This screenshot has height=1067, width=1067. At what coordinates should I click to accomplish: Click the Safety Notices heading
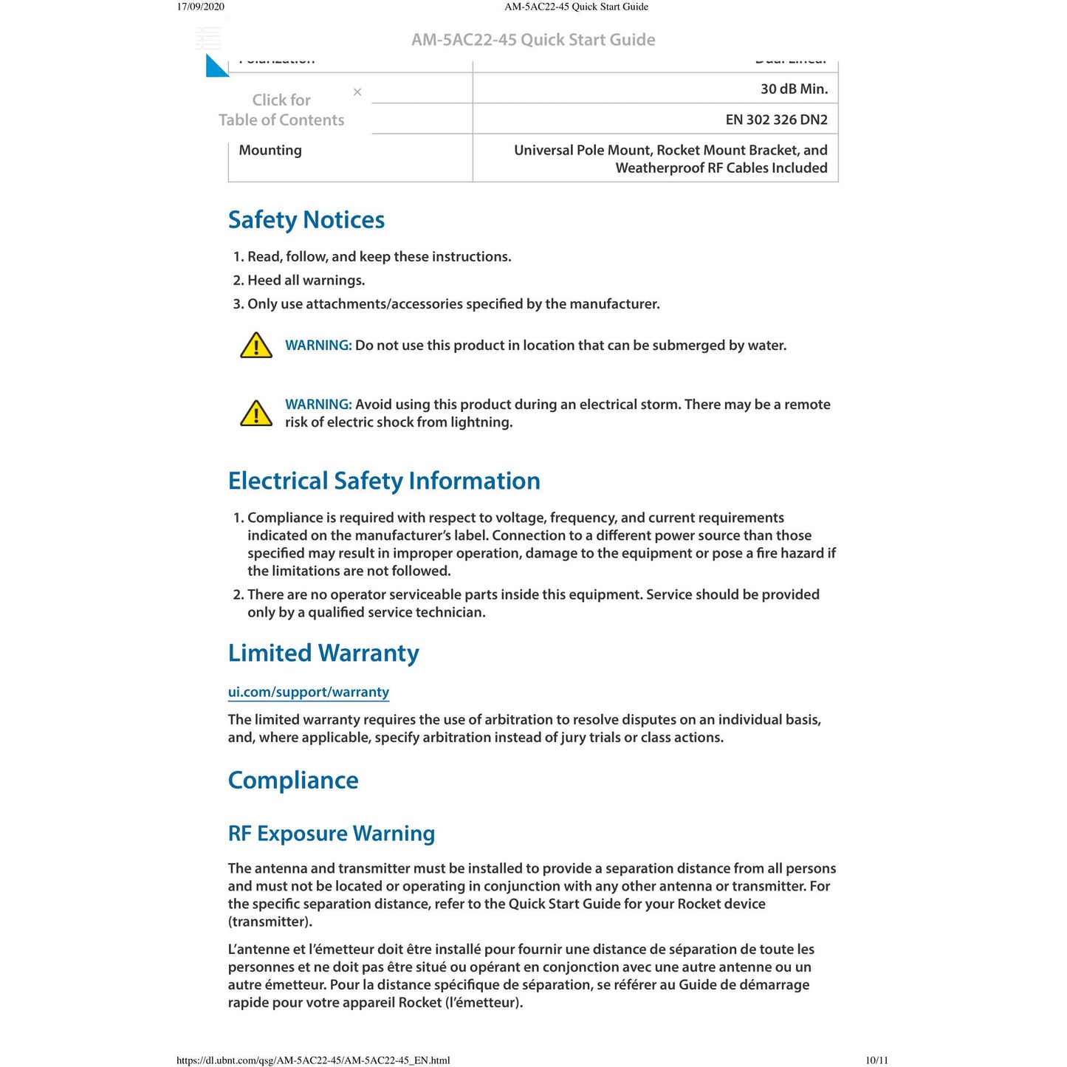306,220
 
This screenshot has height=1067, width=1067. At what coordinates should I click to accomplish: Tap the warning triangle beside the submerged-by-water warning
256,346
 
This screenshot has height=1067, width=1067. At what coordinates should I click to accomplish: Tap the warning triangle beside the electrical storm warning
256,414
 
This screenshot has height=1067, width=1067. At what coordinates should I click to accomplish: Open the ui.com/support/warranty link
308,692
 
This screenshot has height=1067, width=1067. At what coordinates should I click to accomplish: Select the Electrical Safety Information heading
383,481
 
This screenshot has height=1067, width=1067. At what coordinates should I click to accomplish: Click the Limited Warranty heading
323,653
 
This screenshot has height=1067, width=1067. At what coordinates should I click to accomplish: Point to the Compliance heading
292,780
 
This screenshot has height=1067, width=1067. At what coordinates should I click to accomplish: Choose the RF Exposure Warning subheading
331,834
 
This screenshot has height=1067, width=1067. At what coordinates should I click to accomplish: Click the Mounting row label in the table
270,151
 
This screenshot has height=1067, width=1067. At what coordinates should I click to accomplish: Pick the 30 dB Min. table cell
794,89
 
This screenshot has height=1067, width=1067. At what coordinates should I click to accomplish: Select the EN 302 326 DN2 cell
776,120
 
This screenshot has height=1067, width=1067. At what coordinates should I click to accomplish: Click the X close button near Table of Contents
357,92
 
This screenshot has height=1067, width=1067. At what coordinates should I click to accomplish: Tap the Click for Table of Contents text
281,110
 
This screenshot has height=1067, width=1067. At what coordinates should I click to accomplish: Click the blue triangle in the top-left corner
216,66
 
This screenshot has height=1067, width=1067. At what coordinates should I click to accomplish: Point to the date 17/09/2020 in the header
200,7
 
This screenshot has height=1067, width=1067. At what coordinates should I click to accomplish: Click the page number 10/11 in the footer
876,1060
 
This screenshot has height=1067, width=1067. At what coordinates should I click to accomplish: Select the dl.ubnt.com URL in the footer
313,1060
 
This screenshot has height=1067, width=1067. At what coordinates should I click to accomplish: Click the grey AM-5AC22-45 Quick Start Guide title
533,40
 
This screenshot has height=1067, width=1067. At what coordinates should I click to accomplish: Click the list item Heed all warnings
306,281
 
